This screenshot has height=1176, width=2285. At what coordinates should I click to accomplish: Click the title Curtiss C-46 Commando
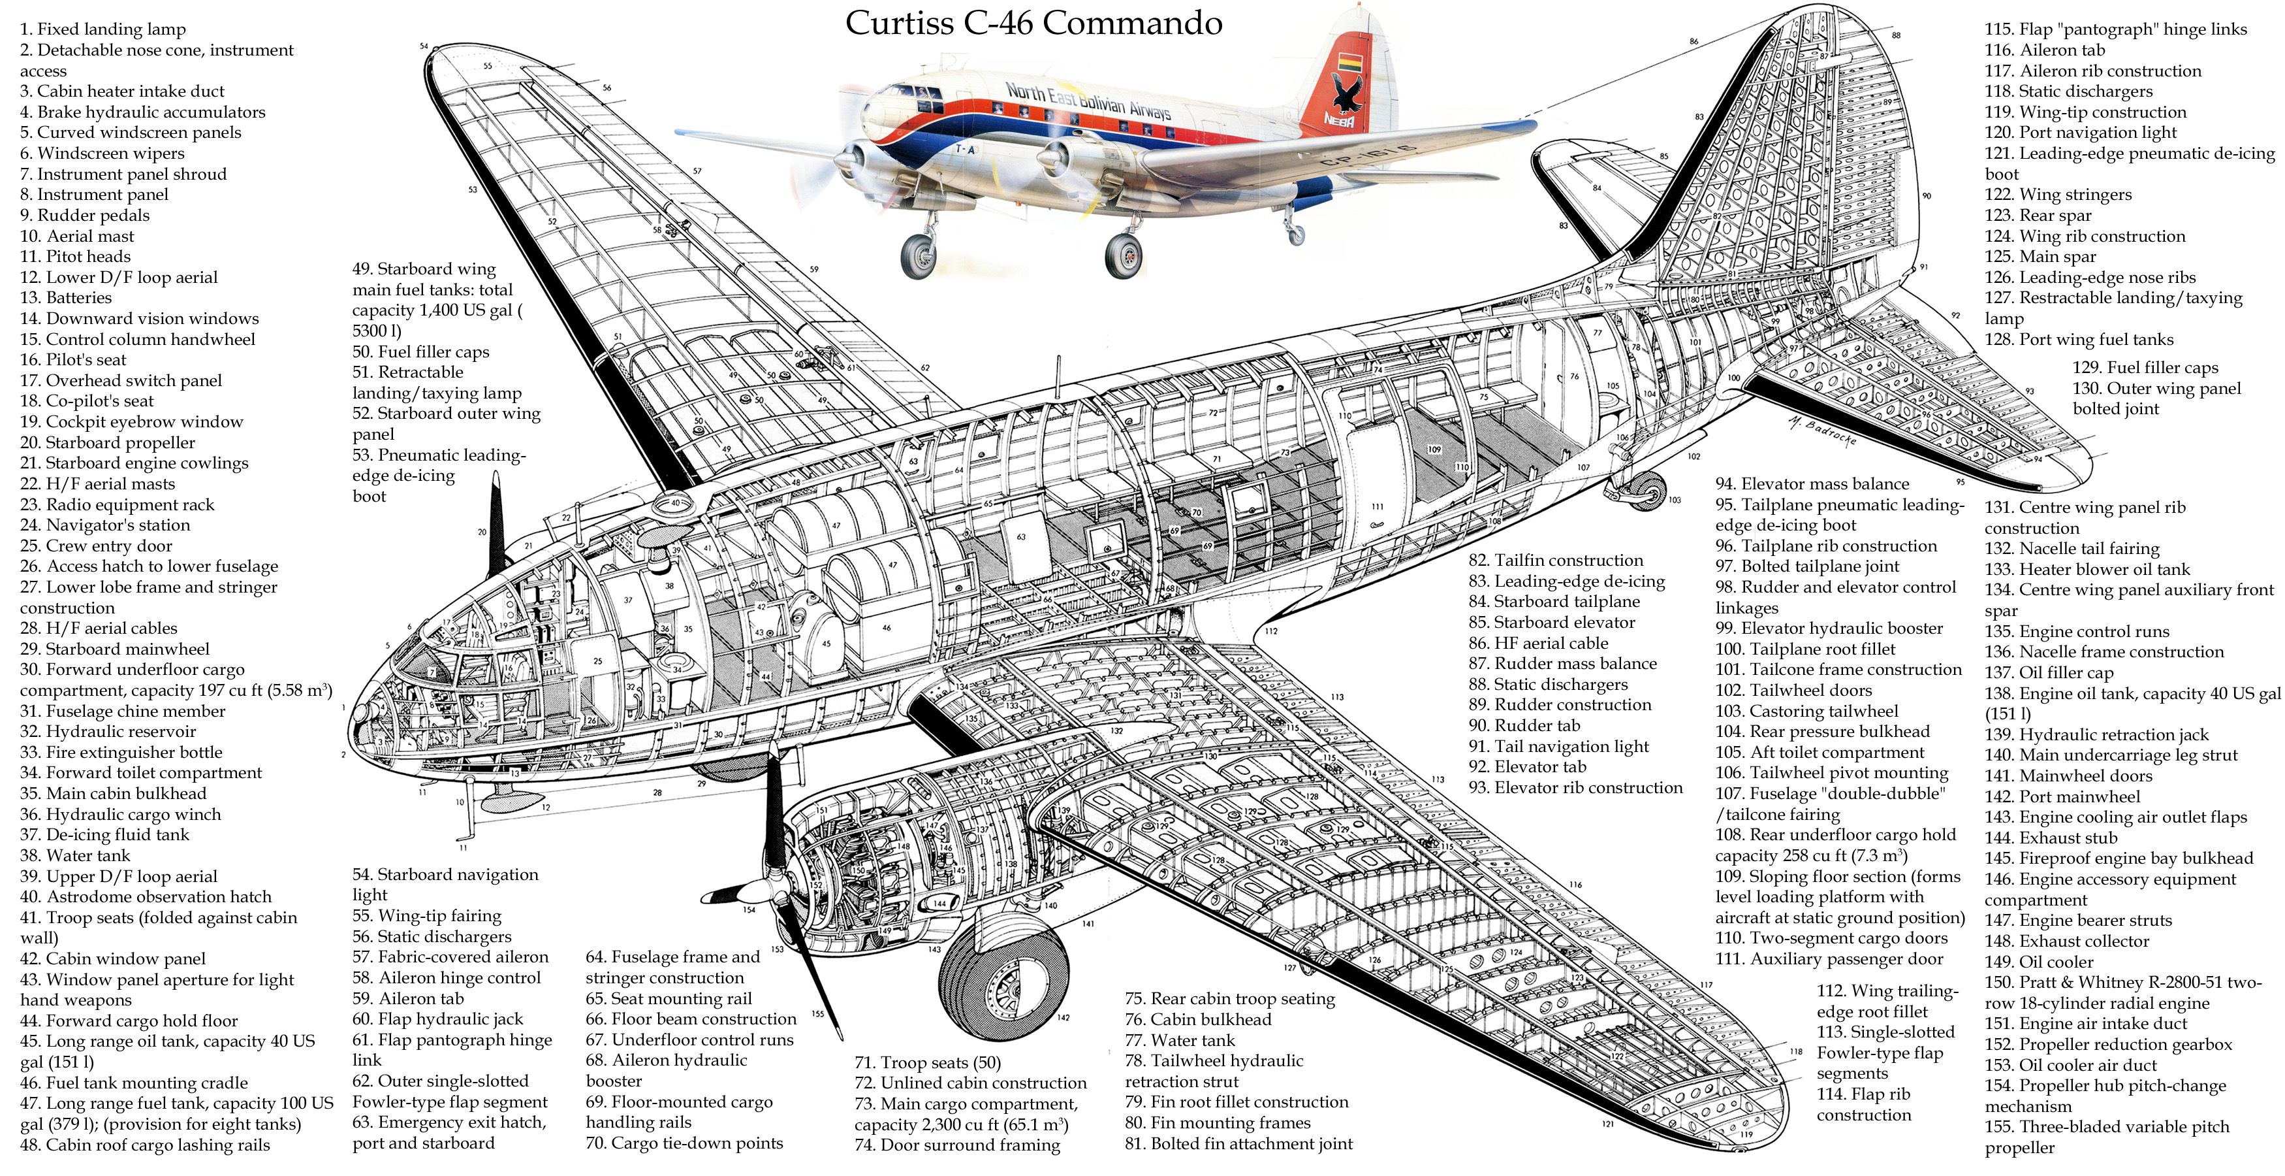(1033, 23)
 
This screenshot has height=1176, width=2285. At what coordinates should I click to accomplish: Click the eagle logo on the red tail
(1346, 91)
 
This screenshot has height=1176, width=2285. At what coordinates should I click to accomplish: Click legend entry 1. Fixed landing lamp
(103, 29)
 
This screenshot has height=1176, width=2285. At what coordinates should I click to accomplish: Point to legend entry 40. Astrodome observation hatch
(146, 896)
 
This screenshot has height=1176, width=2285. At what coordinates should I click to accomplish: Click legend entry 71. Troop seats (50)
(927, 1062)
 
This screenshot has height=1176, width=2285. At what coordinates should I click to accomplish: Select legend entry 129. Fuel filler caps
(2145, 367)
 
